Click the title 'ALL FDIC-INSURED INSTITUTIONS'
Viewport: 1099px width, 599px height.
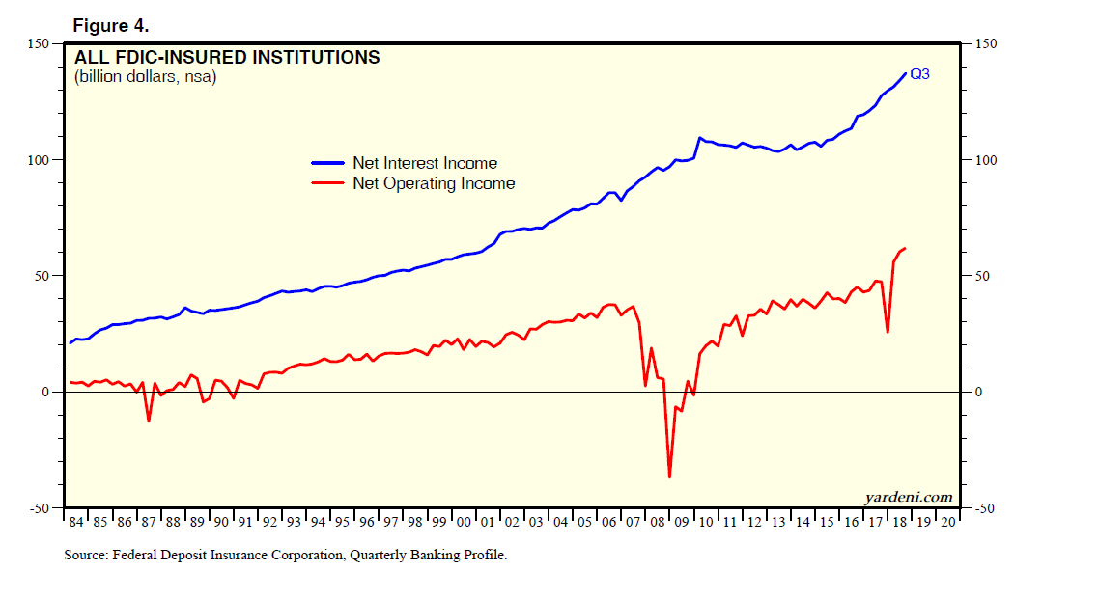coord(227,58)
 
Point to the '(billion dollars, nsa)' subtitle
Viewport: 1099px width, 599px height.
coord(145,78)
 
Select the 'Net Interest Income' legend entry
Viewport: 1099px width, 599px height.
coord(424,163)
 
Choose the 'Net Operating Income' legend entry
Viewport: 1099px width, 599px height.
coord(434,183)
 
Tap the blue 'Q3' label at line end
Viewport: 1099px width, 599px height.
coord(920,74)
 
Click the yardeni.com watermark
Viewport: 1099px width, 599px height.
coord(909,498)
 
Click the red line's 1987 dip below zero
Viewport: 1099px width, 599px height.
coord(149,421)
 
